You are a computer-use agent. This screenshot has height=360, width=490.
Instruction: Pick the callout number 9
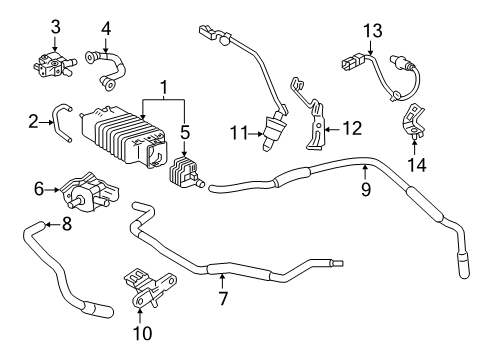(366, 187)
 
